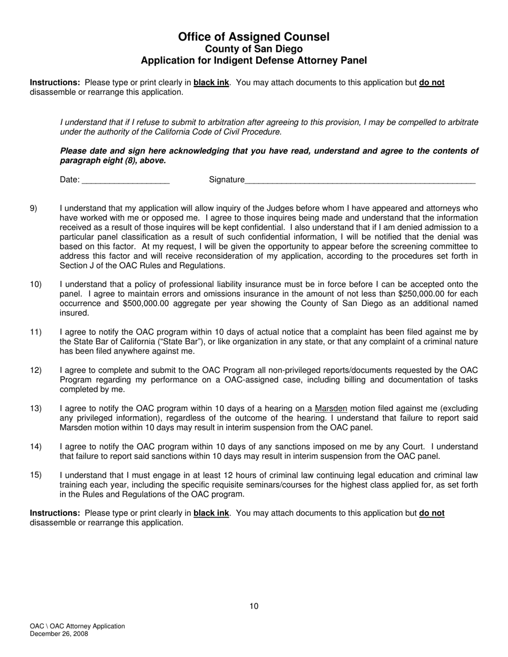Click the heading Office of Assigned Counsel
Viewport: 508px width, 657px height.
tap(253, 37)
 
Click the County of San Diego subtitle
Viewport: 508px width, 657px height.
tap(253, 49)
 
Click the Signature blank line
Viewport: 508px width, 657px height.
tap(360, 181)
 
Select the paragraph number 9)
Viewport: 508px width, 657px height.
tap(34, 208)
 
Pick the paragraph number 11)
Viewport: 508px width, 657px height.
tap(35, 332)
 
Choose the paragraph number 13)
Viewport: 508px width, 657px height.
tap(35, 409)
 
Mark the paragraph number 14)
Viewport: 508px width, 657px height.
tap(35, 447)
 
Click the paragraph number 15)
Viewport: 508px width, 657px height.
tap(35, 475)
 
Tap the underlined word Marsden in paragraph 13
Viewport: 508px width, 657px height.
tap(331, 409)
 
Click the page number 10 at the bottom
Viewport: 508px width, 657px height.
tap(253, 606)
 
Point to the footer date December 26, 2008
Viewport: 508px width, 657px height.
tap(59, 634)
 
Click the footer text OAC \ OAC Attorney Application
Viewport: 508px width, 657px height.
tap(78, 627)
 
